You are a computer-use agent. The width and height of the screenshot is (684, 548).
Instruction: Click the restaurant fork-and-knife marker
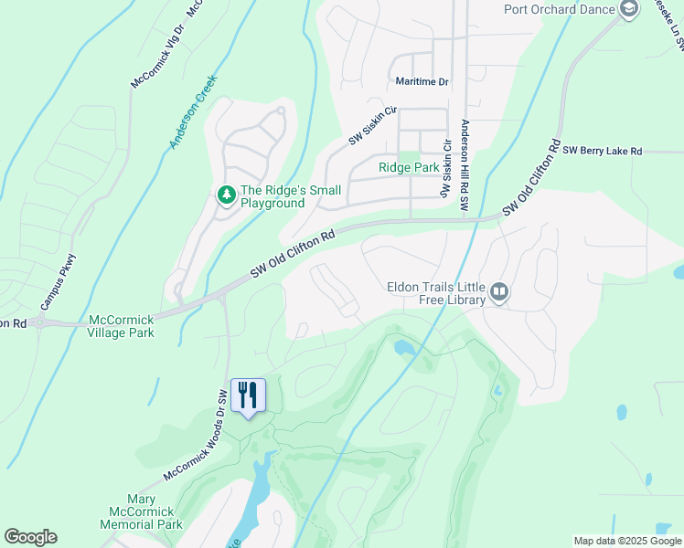(248, 395)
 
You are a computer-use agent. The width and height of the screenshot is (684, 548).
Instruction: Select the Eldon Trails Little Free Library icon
(499, 292)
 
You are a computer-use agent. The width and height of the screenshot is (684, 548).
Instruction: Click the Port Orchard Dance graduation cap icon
(628, 10)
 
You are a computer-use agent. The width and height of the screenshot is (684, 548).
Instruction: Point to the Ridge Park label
(409, 168)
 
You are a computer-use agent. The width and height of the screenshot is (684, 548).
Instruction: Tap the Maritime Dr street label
(422, 82)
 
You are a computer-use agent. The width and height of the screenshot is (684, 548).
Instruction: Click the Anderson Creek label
(191, 112)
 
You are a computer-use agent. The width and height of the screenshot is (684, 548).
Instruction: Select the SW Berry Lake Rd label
(603, 151)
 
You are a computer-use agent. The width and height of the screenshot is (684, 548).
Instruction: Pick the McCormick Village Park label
(121, 326)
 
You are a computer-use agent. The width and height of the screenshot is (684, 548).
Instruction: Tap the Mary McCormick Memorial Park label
(142, 511)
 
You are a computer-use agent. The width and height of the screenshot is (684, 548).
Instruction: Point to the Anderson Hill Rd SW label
(465, 165)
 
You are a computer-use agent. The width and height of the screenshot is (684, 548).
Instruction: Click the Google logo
(30, 537)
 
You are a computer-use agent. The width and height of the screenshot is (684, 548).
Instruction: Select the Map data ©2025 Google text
(626, 541)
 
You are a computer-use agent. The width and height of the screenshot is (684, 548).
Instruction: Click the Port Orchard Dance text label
(560, 10)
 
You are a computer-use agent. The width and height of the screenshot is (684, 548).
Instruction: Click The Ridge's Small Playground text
(290, 196)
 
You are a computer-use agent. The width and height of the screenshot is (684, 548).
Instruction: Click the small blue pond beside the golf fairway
(403, 347)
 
